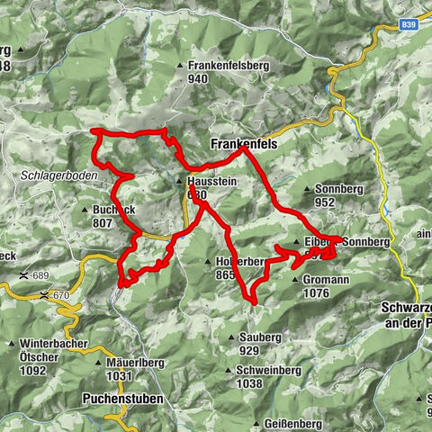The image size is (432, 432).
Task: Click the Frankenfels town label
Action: coord(245,143)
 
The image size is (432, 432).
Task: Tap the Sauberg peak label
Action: coord(262,337)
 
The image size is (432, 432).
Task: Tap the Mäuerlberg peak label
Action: coord(132,363)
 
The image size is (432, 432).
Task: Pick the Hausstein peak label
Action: coord(214,180)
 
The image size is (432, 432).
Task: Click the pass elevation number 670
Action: coord(60,295)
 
